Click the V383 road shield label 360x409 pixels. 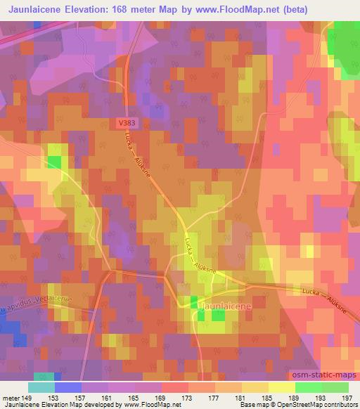coord(128,122)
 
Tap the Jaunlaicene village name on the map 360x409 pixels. coord(221,306)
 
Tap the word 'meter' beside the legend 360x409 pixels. coord(10,397)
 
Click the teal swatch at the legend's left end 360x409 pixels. coord(41,387)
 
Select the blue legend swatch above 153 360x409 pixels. coord(67,387)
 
